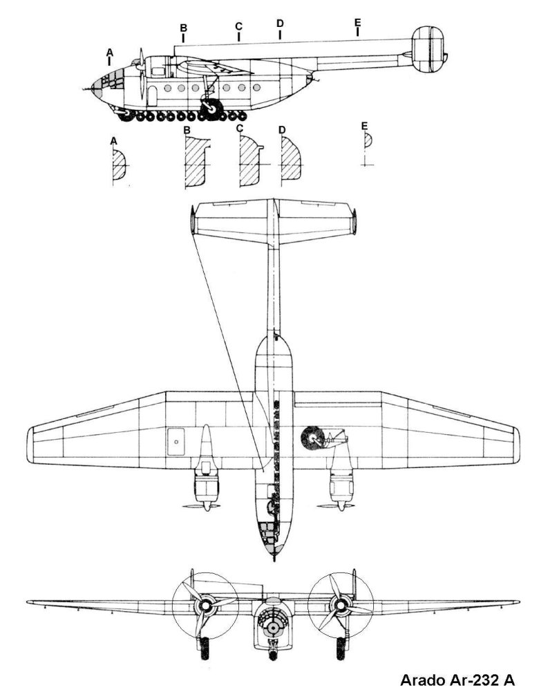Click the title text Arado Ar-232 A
(457, 680)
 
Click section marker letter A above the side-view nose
(110, 53)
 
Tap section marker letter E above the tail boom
(357, 22)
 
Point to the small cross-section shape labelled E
(368, 140)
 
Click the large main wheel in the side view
(211, 108)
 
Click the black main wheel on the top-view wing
(313, 438)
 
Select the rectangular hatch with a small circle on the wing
(176, 441)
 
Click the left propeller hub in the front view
(205, 606)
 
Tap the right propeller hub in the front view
(340, 606)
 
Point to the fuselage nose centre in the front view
(273, 627)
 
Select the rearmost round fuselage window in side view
(256, 88)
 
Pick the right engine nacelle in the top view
(341, 478)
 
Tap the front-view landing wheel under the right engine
(341, 648)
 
